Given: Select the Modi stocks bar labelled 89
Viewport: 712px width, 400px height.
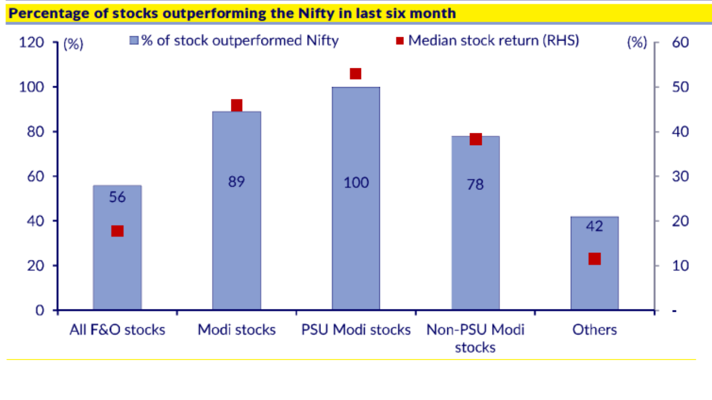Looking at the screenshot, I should pyautogui.click(x=237, y=222).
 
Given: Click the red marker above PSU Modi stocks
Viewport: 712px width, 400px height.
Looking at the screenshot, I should pyautogui.click(x=356, y=74).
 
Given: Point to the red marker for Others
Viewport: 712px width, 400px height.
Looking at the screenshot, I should pyautogui.click(x=595, y=259).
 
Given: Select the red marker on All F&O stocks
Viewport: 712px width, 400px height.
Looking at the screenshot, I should pyautogui.click(x=117, y=231).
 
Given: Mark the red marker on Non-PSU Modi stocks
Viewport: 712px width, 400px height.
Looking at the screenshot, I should pyautogui.click(x=476, y=139).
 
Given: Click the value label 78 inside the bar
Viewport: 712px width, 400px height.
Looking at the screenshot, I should pyautogui.click(x=476, y=184).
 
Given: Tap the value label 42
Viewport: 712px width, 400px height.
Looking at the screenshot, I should pyautogui.click(x=595, y=226).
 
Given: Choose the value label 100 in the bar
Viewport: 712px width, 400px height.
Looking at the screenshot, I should pyautogui.click(x=356, y=182).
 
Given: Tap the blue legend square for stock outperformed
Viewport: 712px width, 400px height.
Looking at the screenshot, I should pyautogui.click(x=133, y=41).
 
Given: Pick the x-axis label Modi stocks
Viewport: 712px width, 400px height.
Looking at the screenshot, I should pyautogui.click(x=237, y=329).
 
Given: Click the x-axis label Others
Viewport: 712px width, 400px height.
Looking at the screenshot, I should pyautogui.click(x=595, y=329).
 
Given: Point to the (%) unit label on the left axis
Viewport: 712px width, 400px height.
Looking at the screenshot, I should pyautogui.click(x=73, y=44).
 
